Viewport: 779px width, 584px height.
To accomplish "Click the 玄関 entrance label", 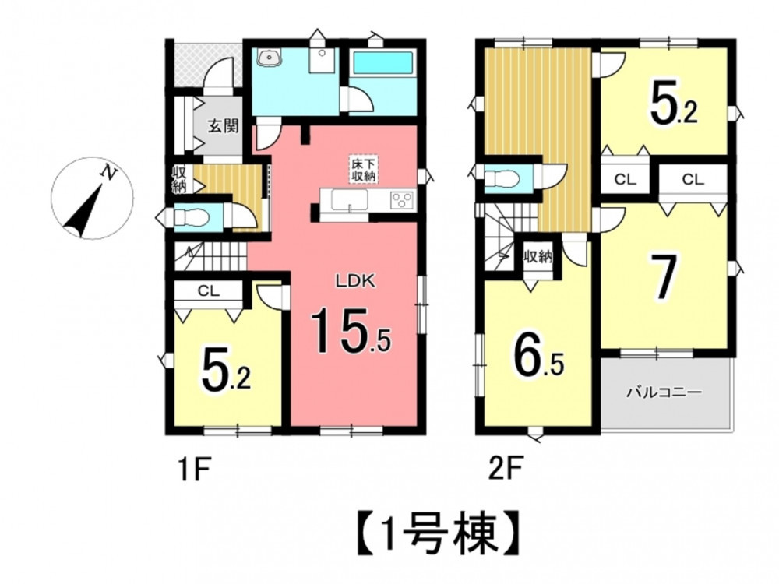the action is [223, 126].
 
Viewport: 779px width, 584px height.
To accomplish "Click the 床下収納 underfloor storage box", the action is [363, 169].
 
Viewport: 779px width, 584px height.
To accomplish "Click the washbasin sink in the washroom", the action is [270, 58].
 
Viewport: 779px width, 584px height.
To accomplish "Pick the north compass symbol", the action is [93, 198].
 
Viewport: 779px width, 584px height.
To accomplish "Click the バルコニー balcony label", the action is [664, 392].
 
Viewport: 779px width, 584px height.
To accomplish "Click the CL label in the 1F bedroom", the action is [209, 291].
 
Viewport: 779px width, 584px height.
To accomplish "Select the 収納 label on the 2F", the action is [538, 257].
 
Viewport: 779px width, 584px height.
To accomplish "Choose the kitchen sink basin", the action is [350, 201].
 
